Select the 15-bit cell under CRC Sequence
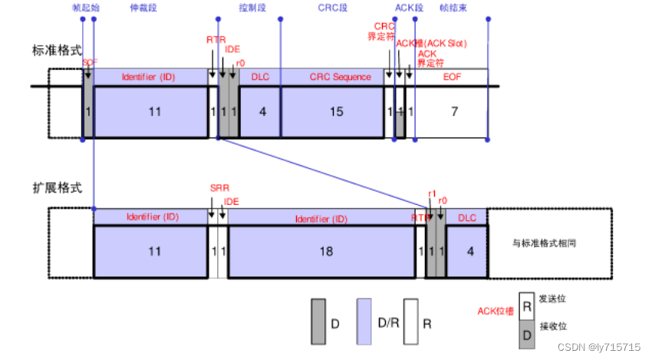click(336, 112)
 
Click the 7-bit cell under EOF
click(454, 112)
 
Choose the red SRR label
click(219, 188)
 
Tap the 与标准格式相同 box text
click(544, 243)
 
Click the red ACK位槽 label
click(496, 311)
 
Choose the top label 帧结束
click(456, 8)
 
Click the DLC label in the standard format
click(260, 77)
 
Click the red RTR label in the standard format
click(216, 39)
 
